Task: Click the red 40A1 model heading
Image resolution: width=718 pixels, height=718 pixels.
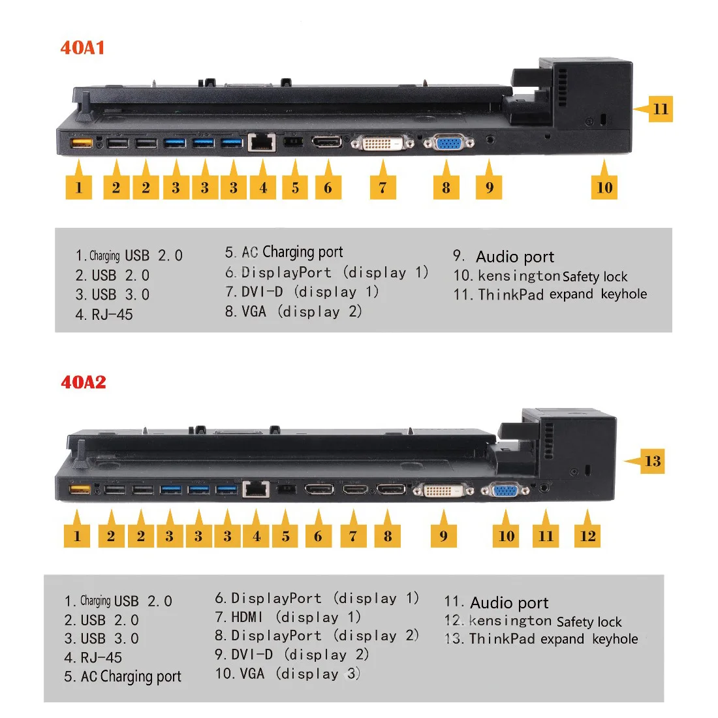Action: tap(82, 48)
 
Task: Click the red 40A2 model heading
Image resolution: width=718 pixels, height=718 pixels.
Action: tap(83, 382)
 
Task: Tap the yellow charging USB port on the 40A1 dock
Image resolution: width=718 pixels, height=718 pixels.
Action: tap(80, 142)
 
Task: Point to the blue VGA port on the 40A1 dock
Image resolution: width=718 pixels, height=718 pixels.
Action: tap(446, 142)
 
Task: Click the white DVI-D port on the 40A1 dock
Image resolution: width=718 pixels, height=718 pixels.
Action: tap(382, 142)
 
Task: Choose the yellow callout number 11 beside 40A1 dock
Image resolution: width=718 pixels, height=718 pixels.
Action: tap(661, 109)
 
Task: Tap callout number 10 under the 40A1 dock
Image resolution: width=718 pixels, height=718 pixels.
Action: tap(604, 187)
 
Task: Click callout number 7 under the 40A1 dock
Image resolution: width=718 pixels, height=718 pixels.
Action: tap(382, 188)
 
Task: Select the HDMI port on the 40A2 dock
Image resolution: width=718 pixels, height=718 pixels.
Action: tap(354, 489)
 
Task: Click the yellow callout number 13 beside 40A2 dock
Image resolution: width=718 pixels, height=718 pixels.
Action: tap(652, 461)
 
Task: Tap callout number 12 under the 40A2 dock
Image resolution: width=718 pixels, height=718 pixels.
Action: tap(587, 536)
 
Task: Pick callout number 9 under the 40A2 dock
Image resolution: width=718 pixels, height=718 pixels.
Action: tap(444, 536)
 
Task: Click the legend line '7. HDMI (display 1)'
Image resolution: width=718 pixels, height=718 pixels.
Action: tap(288, 617)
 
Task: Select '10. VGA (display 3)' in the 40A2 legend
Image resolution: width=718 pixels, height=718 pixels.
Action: tap(288, 673)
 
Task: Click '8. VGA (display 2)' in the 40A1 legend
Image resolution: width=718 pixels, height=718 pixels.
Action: tap(293, 311)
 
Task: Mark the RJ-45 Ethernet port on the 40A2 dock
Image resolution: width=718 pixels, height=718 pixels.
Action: tap(256, 489)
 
